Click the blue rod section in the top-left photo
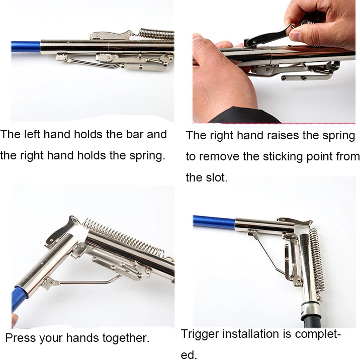(26, 47)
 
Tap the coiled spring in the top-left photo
(157, 34)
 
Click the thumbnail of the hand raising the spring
(274, 62)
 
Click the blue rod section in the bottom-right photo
(214, 222)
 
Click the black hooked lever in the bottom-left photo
(60, 231)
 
